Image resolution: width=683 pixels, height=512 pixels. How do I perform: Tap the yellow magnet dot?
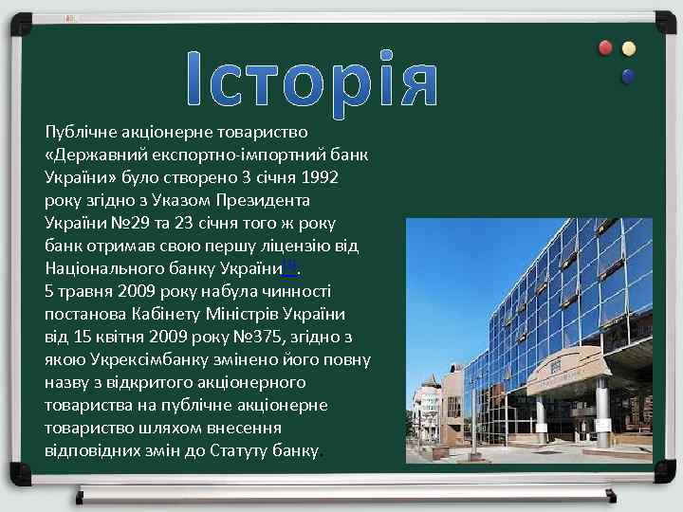(628, 47)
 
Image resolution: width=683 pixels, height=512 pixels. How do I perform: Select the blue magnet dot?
(627, 75)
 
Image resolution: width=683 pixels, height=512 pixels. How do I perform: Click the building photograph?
(528, 340)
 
